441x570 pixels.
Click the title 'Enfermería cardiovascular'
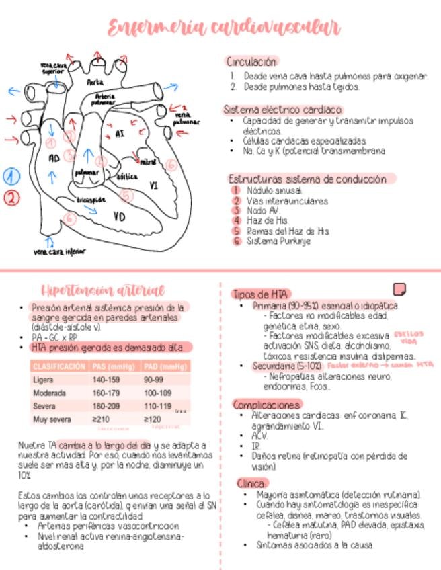coord(225,28)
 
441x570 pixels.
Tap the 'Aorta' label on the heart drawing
coord(95,82)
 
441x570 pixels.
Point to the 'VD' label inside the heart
coord(119,216)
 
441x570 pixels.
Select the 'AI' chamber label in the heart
coord(120,133)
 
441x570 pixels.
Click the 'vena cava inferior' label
coord(64,252)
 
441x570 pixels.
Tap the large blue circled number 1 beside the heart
coord(11,177)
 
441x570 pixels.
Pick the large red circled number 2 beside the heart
coord(11,198)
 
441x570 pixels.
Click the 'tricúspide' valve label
coord(90,200)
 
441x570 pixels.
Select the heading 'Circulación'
coord(251,61)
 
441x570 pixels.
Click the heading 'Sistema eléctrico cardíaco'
coord(283,109)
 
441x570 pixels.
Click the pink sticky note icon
coord(399,289)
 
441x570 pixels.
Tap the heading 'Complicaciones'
coord(267,405)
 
